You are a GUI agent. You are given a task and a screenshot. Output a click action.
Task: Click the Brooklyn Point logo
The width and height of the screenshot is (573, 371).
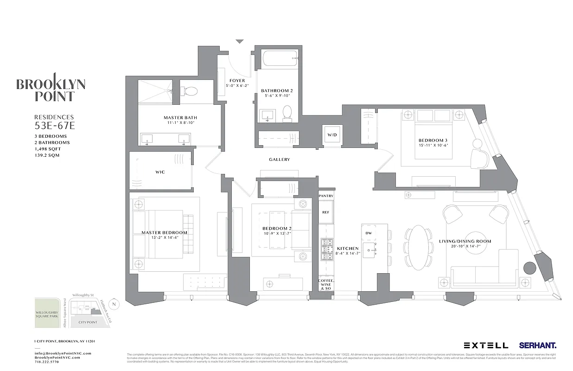pos(51,88)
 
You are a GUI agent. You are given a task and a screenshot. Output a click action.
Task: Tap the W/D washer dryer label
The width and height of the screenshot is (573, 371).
pos(332,135)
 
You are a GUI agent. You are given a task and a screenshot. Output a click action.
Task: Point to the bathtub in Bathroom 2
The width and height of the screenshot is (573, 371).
pos(276,59)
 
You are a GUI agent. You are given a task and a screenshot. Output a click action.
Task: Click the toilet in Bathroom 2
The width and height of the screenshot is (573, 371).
pos(287,113)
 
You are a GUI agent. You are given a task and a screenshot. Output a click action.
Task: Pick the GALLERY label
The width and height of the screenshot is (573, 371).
pos(280,160)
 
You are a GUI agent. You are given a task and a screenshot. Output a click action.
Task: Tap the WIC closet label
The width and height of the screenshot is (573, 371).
pos(160,172)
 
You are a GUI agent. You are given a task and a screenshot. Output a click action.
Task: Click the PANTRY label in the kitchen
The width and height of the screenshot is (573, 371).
pos(326,196)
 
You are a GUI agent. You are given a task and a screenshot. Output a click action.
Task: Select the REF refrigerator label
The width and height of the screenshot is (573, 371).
pos(326,212)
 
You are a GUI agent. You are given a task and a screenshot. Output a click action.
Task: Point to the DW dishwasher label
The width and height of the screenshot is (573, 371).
pos(369,233)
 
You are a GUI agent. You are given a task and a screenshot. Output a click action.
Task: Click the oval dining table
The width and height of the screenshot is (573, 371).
pos(419,247)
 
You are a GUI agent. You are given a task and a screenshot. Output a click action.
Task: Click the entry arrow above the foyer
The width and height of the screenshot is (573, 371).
pos(239,42)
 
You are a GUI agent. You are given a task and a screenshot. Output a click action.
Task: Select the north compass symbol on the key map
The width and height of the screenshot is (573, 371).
pos(115,304)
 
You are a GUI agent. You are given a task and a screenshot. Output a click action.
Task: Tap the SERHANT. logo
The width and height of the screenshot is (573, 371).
pos(538,345)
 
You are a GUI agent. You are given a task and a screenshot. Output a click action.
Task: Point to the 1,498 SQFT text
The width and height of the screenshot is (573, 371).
pos(48,149)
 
